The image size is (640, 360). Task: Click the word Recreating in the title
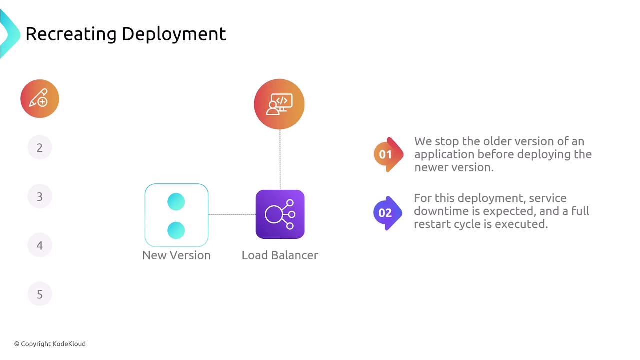tap(71, 34)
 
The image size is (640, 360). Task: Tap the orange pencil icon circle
tap(40, 98)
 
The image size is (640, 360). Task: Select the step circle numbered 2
tap(40, 147)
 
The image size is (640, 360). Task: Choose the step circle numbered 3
tap(40, 196)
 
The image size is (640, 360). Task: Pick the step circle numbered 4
tap(40, 245)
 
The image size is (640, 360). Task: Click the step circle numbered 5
tap(40, 294)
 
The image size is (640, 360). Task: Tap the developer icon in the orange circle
tap(279, 104)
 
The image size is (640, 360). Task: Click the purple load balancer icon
tap(280, 214)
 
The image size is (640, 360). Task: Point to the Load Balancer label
tap(280, 255)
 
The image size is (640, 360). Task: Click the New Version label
tap(177, 255)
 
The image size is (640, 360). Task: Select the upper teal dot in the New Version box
tap(176, 201)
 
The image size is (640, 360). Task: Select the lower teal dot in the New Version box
tap(176, 230)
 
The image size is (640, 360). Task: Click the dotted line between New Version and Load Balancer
tap(232, 214)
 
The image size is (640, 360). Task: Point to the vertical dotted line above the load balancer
tap(280, 159)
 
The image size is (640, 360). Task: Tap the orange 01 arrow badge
tap(388, 154)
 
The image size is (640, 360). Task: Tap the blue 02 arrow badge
tap(388, 213)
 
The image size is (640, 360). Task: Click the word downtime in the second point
tap(441, 211)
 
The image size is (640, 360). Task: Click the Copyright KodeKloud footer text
tap(50, 344)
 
